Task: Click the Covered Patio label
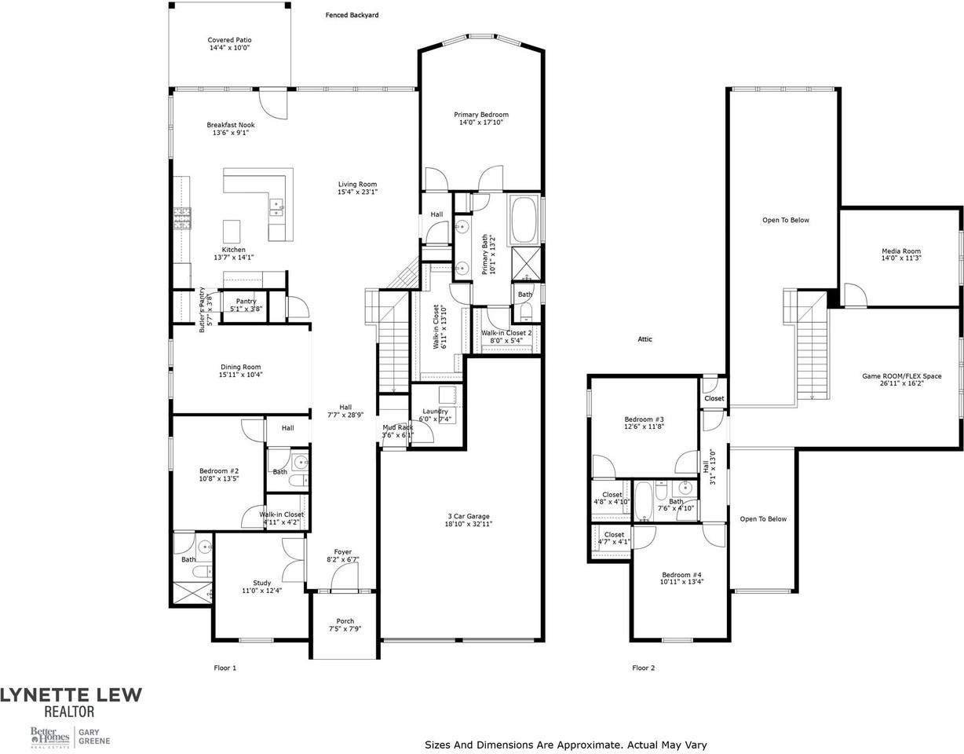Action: tap(229, 40)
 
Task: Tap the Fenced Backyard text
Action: tap(352, 15)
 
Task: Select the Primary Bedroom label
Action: tap(481, 115)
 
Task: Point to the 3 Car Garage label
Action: tap(469, 516)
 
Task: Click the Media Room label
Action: tap(901, 251)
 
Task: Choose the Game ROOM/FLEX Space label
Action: tap(901, 376)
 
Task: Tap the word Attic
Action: tap(645, 339)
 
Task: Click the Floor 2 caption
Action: tap(643, 668)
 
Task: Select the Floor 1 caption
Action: tap(225, 668)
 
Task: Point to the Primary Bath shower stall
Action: tap(526, 265)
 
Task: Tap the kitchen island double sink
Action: tap(276, 207)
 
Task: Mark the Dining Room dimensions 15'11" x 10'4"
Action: tap(240, 375)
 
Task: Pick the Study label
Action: tap(261, 583)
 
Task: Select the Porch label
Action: tap(345, 620)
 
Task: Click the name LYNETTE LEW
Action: tap(71, 695)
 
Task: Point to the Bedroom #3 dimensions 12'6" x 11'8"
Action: tap(644, 426)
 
